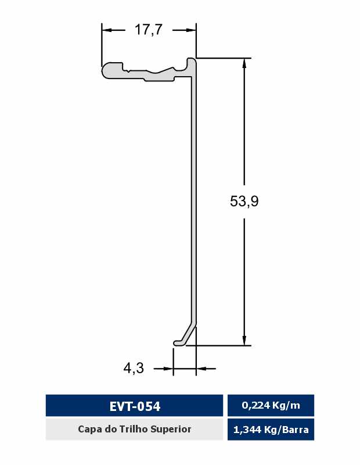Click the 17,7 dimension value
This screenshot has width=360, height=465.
149,30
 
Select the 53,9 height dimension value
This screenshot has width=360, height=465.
244,201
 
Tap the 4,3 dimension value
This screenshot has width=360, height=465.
134,369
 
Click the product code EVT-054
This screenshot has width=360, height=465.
135,406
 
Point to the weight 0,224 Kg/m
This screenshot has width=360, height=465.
271,405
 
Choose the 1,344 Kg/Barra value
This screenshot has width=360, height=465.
271,430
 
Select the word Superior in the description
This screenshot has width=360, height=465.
171,429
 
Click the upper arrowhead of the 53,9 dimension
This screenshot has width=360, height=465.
244,63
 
